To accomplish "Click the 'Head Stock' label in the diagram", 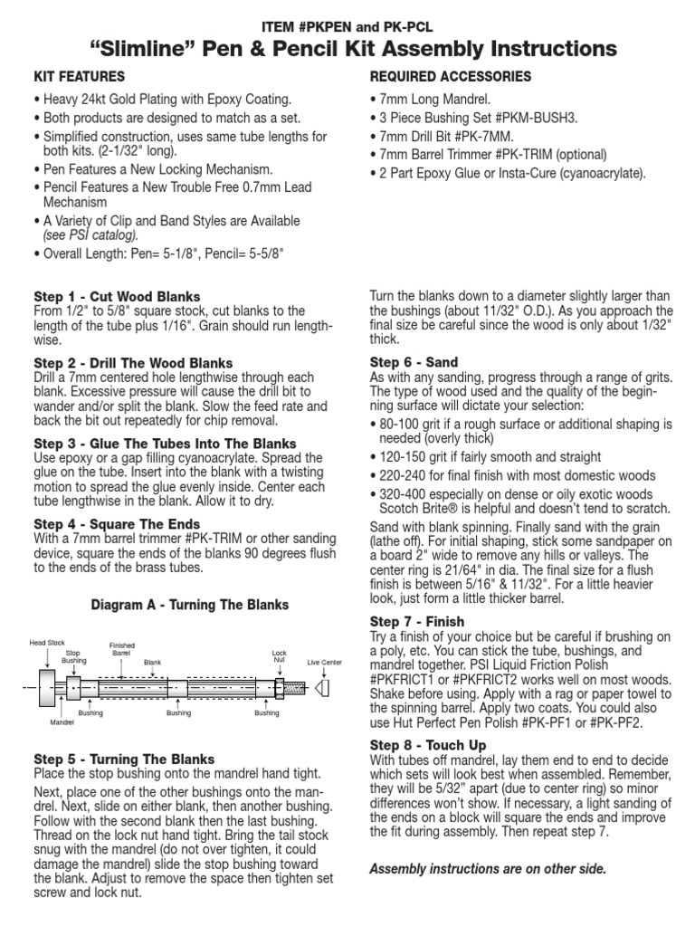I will (x=47, y=643).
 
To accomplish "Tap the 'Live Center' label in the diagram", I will (x=325, y=663).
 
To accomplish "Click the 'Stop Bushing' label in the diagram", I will (x=74, y=656).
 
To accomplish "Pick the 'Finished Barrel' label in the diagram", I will (x=121, y=648).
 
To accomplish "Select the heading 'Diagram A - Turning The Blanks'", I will (x=191, y=605).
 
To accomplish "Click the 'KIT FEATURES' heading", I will (x=80, y=76).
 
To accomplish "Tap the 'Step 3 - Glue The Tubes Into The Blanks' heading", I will (x=165, y=444).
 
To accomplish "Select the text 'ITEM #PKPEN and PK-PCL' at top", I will (x=347, y=22).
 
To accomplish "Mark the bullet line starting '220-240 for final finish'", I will (x=509, y=476).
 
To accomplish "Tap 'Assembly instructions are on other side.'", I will (x=488, y=869).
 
